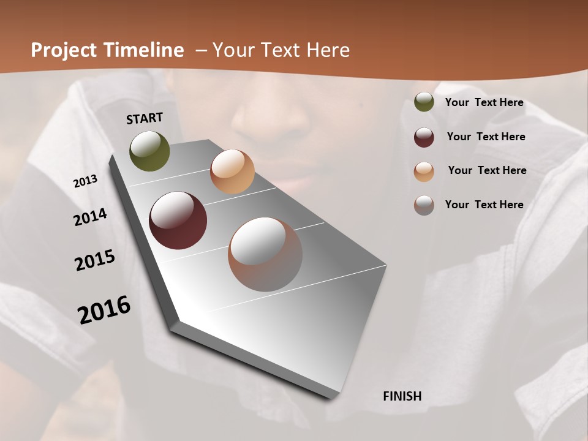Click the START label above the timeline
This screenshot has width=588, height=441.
[145, 118]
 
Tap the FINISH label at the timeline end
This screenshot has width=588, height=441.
[402, 396]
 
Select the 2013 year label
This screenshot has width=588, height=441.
[86, 181]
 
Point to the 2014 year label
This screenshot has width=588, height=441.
[91, 217]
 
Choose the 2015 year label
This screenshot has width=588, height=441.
[95, 260]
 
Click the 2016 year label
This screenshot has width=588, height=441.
[104, 309]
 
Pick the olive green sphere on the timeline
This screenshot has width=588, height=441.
[149, 151]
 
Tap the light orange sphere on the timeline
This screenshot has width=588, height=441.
[232, 171]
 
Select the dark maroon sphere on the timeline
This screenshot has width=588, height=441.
[178, 221]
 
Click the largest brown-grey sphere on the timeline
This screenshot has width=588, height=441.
[265, 254]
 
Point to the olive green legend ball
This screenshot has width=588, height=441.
[424, 102]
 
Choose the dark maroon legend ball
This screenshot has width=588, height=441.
[424, 137]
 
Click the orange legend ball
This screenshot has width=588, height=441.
[424, 171]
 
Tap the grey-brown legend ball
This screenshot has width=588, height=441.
[424, 205]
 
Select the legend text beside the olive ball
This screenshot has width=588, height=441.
[484, 102]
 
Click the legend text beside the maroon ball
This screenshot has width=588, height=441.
[486, 137]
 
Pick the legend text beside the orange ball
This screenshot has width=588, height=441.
[487, 170]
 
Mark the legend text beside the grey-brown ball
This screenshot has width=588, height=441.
[484, 205]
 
